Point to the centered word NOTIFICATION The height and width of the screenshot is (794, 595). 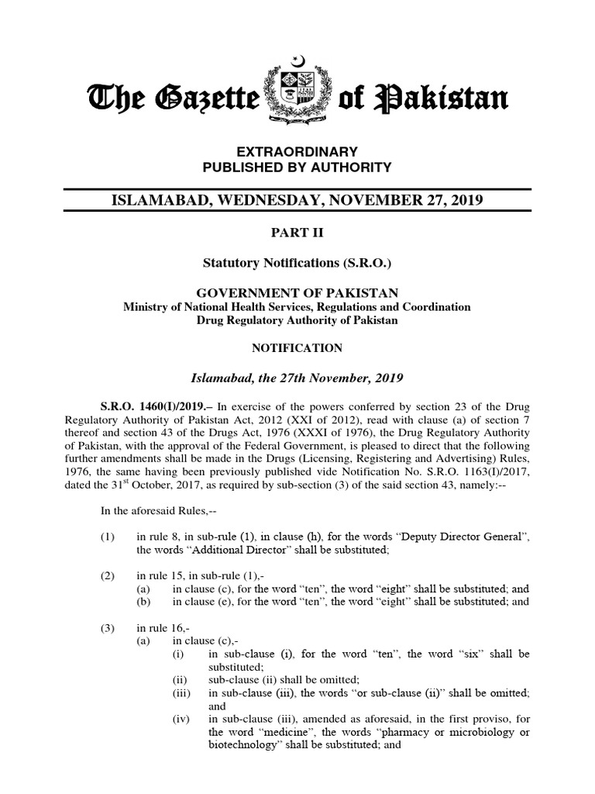pos(297,349)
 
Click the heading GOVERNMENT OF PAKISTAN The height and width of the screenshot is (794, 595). pos(297,292)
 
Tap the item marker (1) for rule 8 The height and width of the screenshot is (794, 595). pos(108,537)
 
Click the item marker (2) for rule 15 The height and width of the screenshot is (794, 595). pos(108,576)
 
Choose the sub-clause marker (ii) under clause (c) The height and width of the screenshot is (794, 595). pos(179,679)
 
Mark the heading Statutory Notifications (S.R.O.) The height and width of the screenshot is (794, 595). pos(297,264)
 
